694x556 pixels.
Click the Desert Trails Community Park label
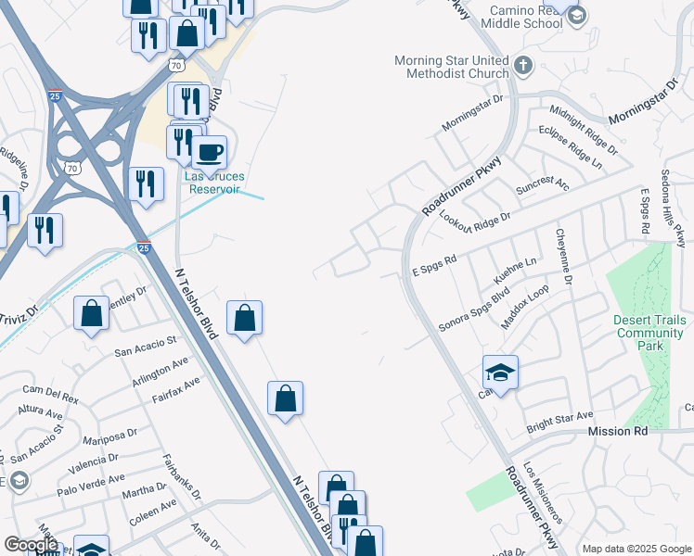649,333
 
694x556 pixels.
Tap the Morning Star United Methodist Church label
451,68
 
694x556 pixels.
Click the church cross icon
523,65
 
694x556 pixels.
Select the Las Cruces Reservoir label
212,183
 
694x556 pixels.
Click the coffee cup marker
210,151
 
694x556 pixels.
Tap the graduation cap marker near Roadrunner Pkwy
500,373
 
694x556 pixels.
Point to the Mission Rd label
617,432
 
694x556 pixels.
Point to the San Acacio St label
146,347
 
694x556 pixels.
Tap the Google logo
31,545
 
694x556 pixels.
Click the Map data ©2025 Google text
636,549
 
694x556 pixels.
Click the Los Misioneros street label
543,492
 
